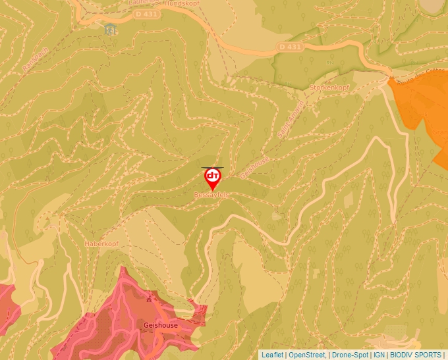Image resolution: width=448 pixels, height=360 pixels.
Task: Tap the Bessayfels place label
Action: click(x=211, y=195)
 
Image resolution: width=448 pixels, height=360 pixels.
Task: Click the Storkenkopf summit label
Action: click(x=330, y=87)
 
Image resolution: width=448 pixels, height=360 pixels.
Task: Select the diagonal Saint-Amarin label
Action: click(x=291, y=118)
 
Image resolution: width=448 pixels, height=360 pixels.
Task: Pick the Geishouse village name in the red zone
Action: click(x=159, y=325)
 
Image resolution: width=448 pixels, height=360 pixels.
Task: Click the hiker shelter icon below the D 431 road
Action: click(x=110, y=29)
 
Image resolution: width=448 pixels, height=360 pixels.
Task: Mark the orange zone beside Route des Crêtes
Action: click(x=422, y=112)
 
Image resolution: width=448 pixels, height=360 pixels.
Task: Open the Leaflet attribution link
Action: click(x=272, y=355)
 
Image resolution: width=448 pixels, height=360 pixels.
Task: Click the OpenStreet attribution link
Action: click(x=306, y=355)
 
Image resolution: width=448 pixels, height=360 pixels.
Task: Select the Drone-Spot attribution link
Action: click(x=350, y=355)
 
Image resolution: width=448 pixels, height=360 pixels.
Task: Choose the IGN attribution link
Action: click(x=379, y=355)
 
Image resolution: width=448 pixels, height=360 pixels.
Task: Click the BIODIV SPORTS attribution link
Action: click(x=416, y=355)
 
